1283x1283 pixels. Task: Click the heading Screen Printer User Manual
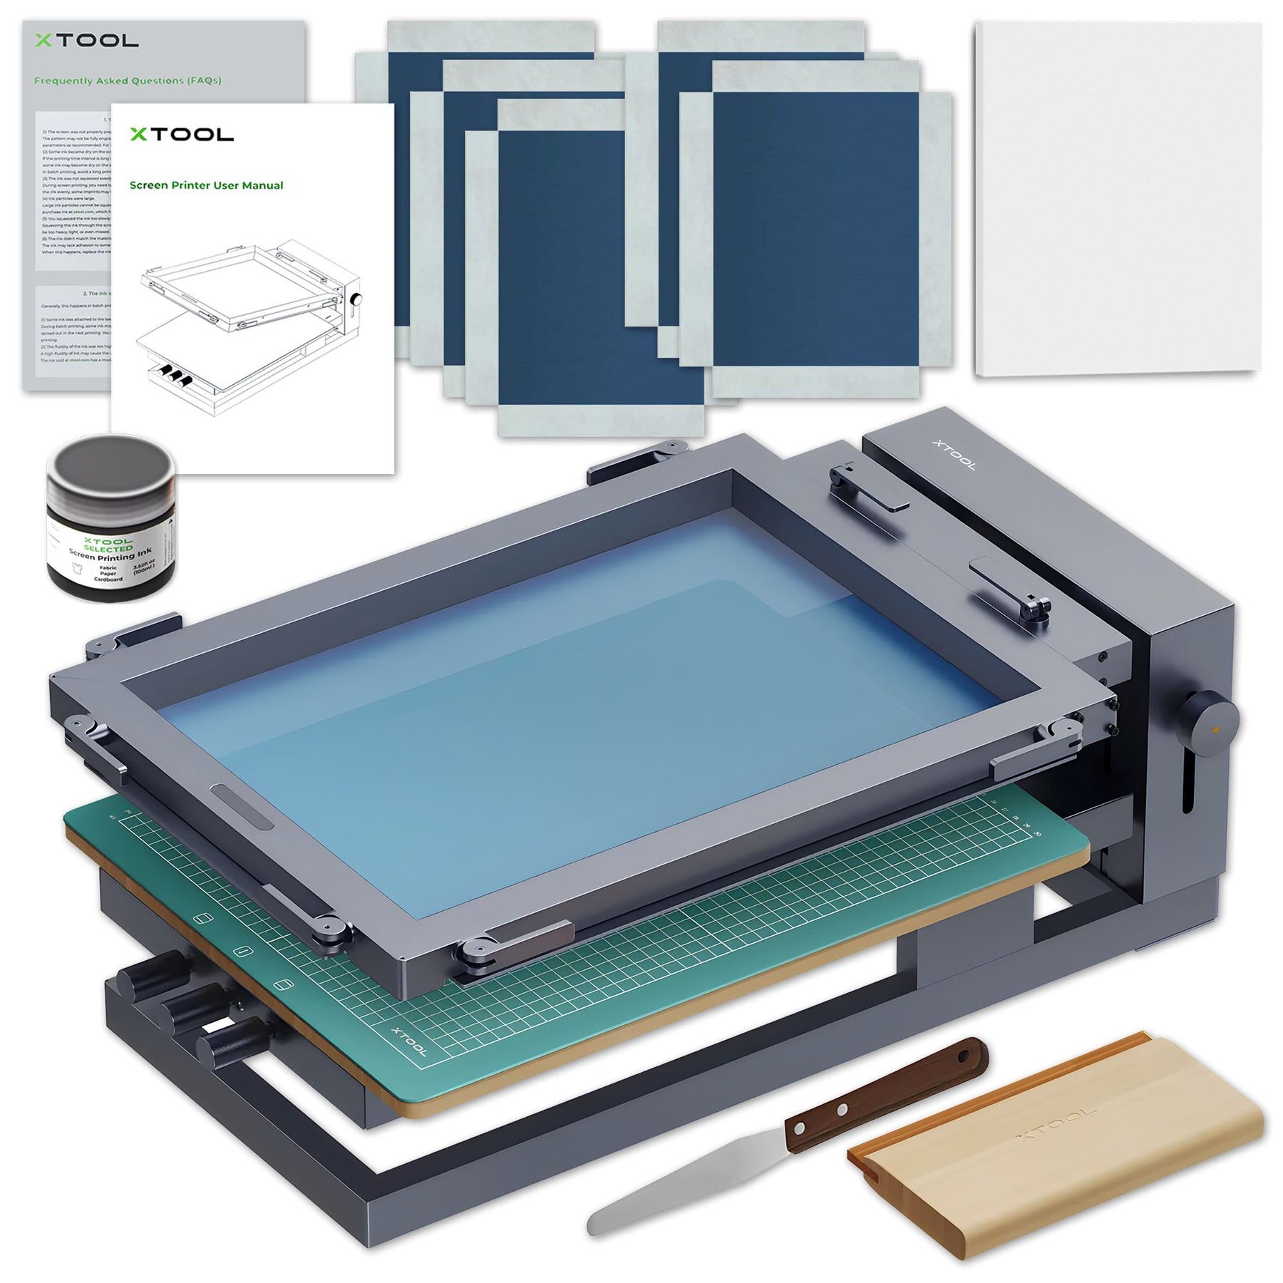206,185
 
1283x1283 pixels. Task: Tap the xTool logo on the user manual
181,134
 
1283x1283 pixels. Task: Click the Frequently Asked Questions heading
128,81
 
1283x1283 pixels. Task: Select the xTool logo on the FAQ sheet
86,41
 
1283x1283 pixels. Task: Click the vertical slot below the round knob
1189,784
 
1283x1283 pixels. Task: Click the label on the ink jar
107,560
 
